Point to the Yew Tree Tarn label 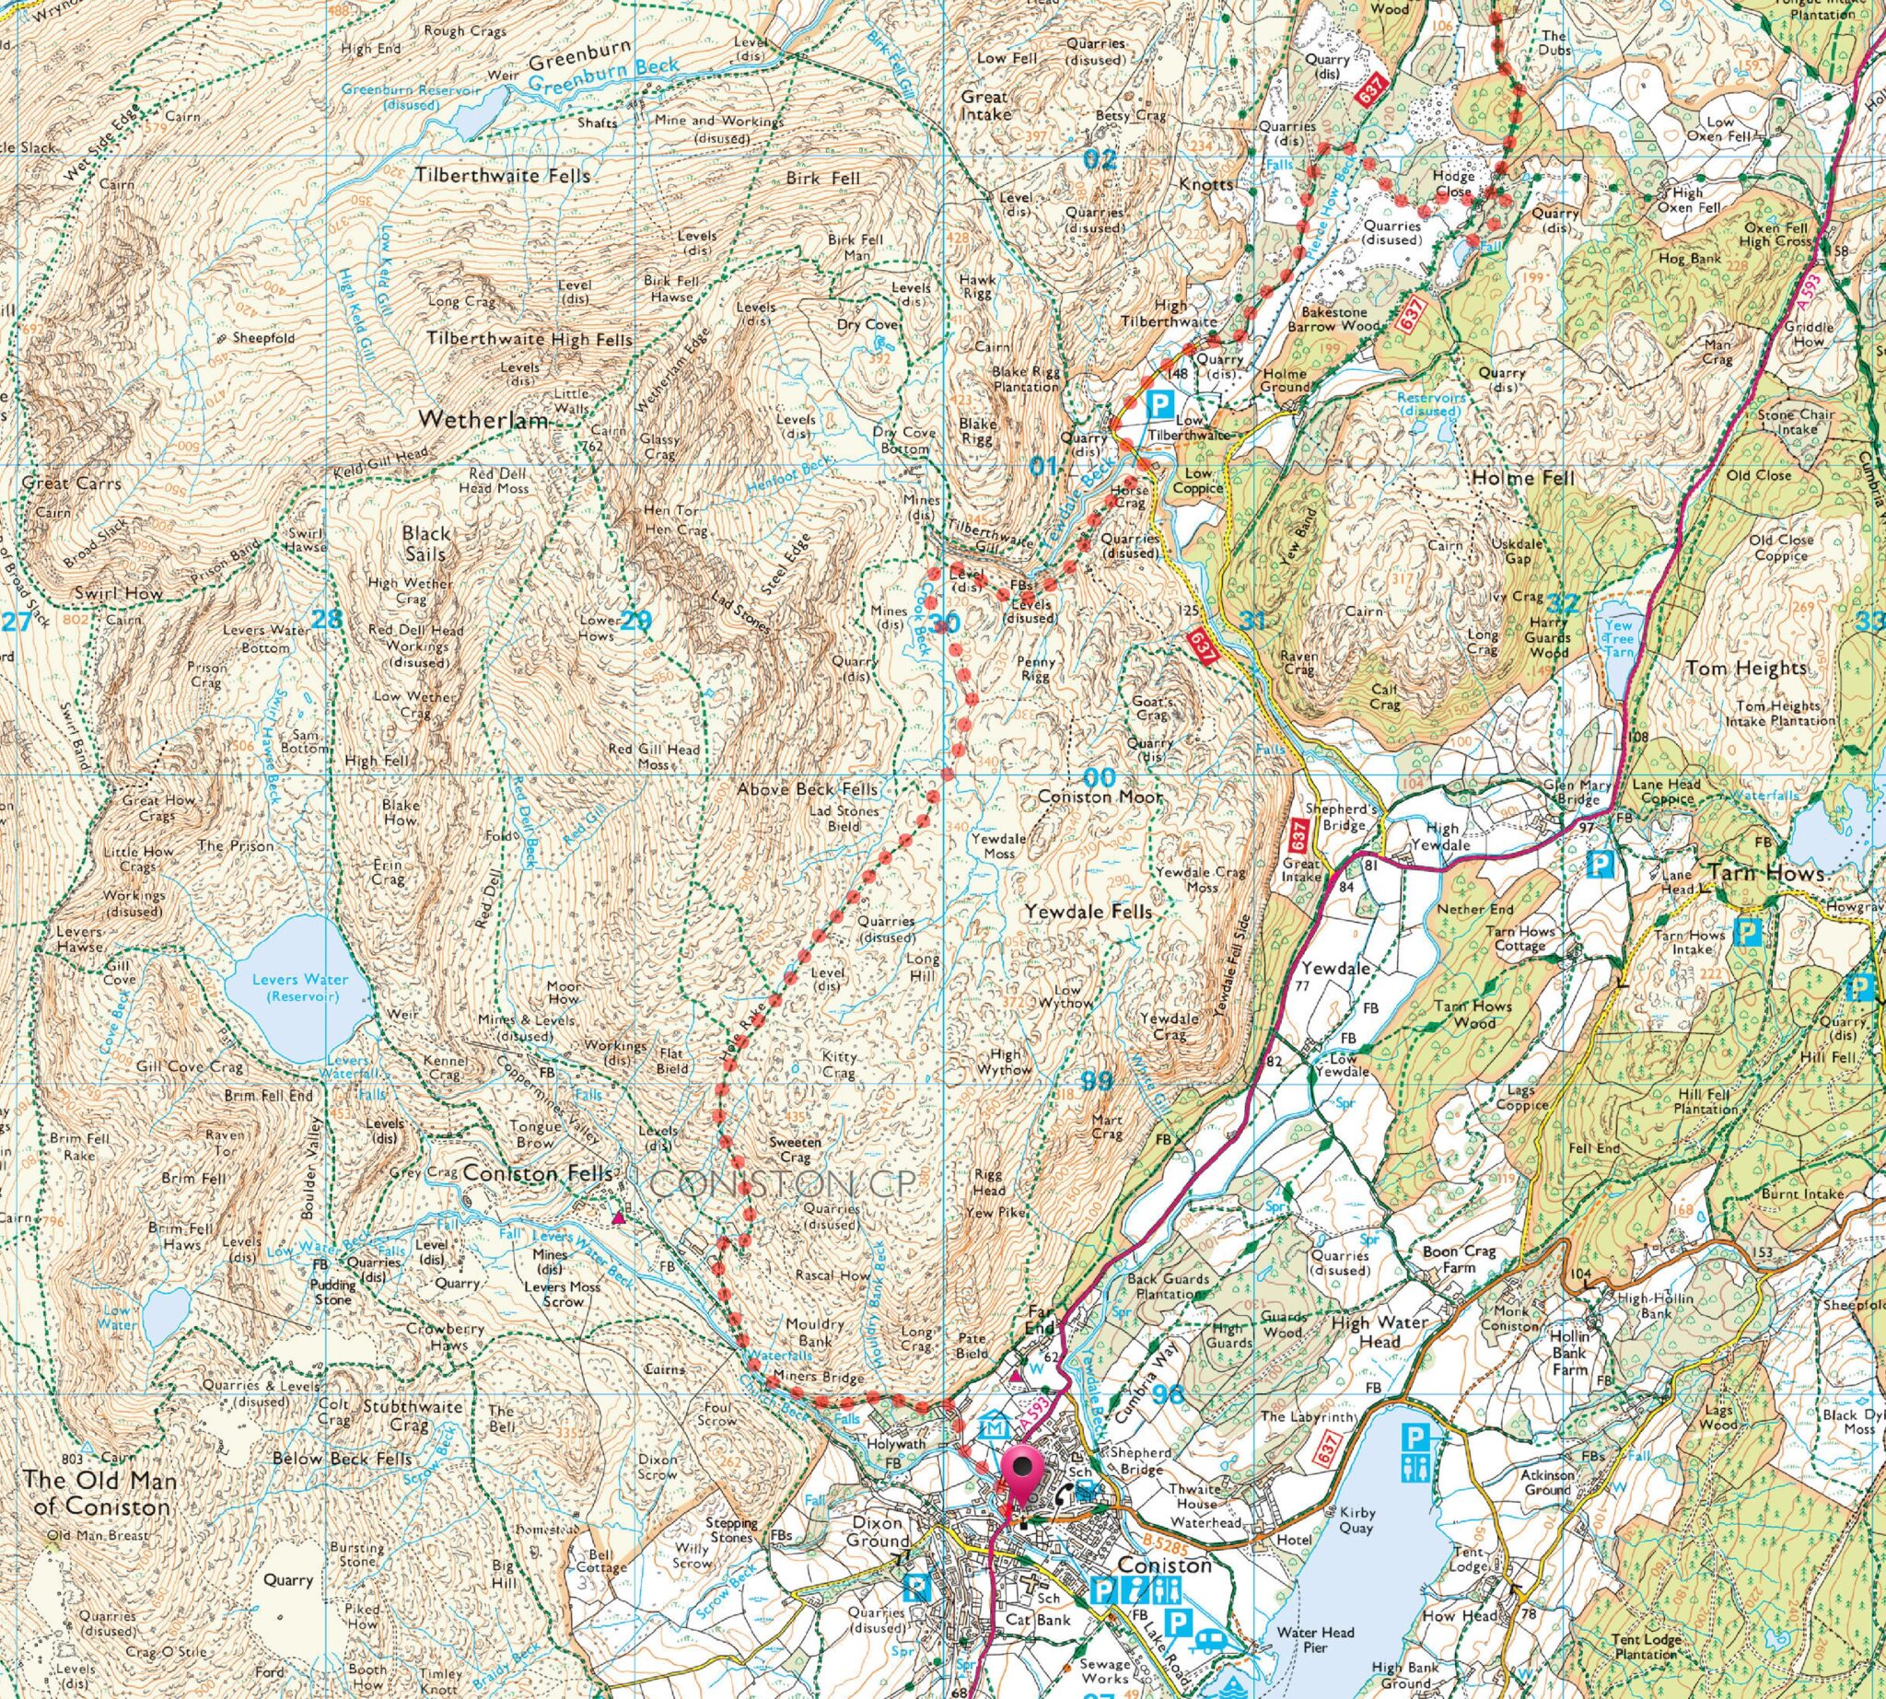[1620, 634]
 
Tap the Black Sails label [425, 543]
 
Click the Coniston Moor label [1100, 797]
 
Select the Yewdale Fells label [1088, 911]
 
